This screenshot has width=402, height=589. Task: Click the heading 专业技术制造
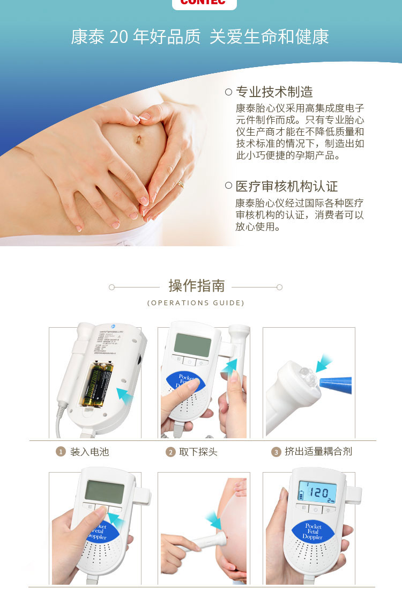coord(274,92)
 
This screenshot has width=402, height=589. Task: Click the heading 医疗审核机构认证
coord(287,187)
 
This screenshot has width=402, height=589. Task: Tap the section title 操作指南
coord(197,286)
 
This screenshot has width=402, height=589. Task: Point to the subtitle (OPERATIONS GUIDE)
coord(196,303)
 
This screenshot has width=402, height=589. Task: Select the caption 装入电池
coord(90,452)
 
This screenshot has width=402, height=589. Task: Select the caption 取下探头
coord(198,452)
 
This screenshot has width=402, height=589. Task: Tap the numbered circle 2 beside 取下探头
coord(170,452)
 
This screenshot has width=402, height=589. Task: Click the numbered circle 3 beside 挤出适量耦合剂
coord(276,452)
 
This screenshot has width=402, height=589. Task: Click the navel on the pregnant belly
coord(138,141)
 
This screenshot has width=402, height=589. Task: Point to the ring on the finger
coord(181,184)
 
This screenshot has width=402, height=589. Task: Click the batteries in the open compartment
coord(98,386)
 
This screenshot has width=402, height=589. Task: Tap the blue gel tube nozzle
coord(335,385)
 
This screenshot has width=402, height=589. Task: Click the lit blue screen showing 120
coord(317,492)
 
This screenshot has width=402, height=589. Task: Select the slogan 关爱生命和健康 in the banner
coord(269,37)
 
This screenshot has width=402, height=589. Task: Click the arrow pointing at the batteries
coord(124,396)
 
